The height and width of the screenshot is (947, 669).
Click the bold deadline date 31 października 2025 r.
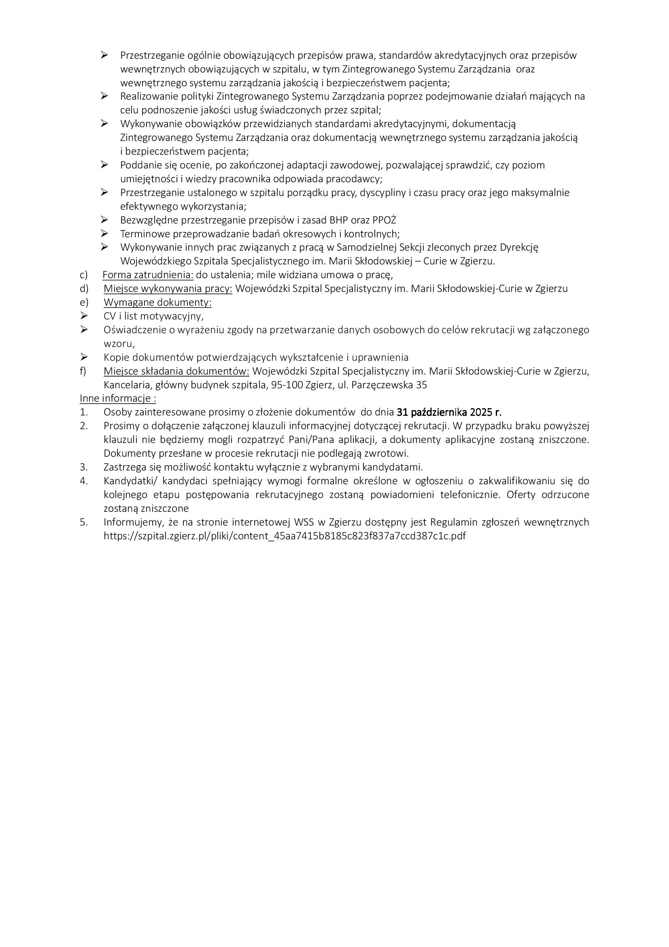(449, 412)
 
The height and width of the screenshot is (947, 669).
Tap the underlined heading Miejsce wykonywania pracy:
(168, 289)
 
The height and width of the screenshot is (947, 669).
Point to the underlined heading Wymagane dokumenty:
(157, 302)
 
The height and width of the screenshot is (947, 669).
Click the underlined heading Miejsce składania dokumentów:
(176, 371)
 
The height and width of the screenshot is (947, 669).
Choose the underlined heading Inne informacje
(118, 398)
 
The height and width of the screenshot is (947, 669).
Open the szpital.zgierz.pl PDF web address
(285, 536)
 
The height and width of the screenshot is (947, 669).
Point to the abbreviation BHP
(338, 220)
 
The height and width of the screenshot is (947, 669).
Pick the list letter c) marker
(84, 275)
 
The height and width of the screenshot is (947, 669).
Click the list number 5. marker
(84, 522)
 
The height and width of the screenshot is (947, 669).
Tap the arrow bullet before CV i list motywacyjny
(84, 316)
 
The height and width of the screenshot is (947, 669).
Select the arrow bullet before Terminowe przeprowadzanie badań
(104, 234)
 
